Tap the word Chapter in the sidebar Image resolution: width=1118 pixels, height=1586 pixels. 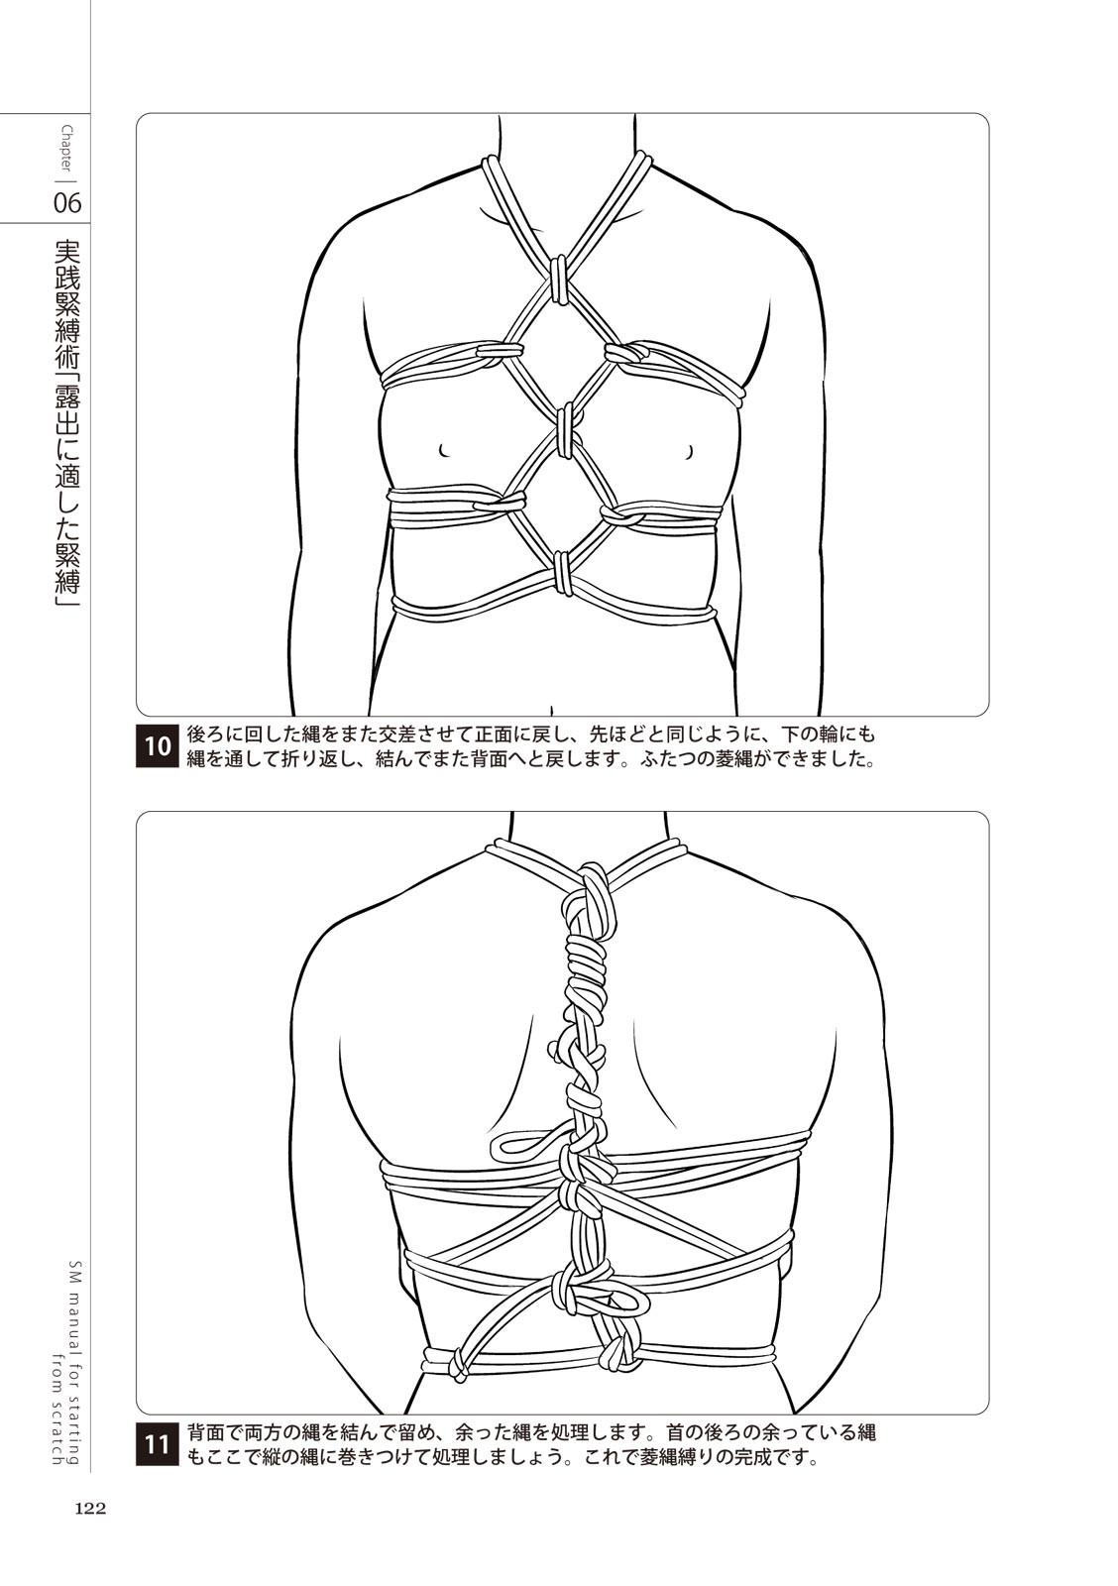click(67, 150)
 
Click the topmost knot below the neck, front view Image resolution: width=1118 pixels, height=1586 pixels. click(558, 278)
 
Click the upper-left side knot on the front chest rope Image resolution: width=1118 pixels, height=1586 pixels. click(501, 351)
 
